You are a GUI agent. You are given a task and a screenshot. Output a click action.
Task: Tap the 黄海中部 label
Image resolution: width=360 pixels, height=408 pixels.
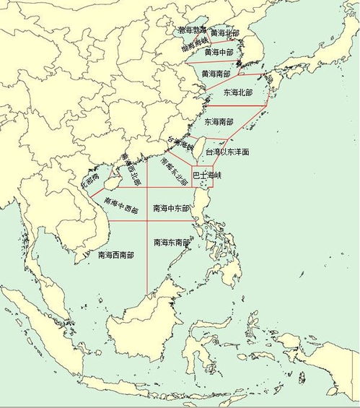click(x=219, y=53)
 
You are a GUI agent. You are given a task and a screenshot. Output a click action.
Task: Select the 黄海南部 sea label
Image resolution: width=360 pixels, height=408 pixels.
click(x=216, y=74)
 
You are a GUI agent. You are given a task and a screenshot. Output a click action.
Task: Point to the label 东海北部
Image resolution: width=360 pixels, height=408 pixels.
click(x=238, y=93)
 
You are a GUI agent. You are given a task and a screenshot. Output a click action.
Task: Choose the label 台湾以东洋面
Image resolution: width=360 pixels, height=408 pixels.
click(x=227, y=153)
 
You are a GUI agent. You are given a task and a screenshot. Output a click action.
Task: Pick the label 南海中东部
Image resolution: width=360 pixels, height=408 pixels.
click(x=171, y=208)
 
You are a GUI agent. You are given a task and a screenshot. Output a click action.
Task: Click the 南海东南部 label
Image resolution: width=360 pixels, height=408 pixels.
click(x=172, y=243)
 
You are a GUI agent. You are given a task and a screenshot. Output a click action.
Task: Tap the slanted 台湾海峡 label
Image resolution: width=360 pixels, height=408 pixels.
click(x=181, y=143)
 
